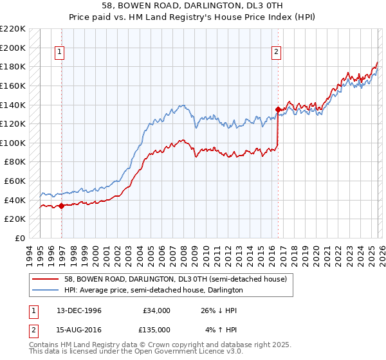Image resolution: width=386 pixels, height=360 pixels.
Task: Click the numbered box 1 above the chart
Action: [59, 53]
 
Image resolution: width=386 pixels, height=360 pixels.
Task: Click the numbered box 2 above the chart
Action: [276, 53]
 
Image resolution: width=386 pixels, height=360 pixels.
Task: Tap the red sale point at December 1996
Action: [62, 206]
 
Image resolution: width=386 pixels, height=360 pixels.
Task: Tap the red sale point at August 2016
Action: [278, 109]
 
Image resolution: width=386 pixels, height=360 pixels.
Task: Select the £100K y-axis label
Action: [14, 143]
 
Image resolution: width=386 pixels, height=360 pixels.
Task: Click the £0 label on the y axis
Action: [20, 238]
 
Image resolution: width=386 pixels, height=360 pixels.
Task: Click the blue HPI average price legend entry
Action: [153, 290]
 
